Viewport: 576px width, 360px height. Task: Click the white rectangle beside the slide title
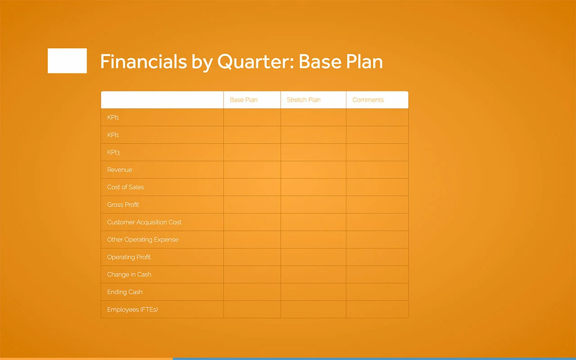[x=67, y=61]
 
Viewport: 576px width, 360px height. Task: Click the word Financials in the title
[x=143, y=62]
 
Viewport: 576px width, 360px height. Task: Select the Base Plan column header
[x=243, y=100]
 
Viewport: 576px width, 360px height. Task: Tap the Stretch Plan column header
[x=304, y=100]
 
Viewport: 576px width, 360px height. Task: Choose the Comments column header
[x=368, y=100]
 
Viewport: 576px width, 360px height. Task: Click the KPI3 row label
[x=113, y=152]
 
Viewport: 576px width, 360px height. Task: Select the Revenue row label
[x=120, y=170]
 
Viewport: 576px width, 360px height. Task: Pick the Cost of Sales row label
[x=126, y=187]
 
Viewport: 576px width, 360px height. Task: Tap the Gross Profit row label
[x=123, y=205]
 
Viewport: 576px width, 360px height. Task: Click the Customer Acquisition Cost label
[x=144, y=222]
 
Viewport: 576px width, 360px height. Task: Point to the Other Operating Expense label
[x=143, y=239]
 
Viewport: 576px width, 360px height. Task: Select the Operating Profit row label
[x=129, y=257]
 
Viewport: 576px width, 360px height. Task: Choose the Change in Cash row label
[x=129, y=274]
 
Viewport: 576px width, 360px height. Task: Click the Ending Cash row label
[x=125, y=292]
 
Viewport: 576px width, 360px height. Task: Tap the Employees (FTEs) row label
[x=132, y=310]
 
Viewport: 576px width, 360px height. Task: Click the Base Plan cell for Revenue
[x=252, y=170]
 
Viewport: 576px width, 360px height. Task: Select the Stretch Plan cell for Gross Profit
[x=313, y=205]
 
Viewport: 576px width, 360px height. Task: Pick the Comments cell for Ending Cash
[x=377, y=292]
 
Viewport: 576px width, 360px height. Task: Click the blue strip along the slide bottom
[x=373, y=359]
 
